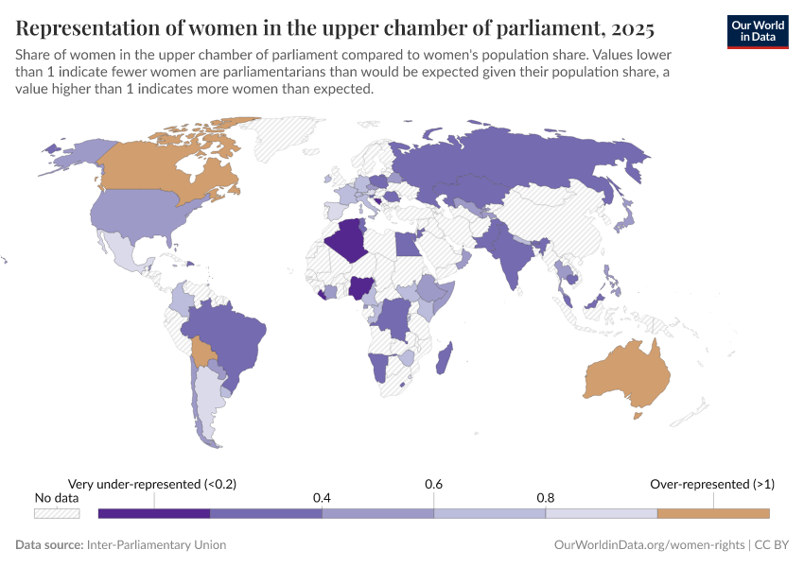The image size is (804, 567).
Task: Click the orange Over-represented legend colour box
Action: click(713, 512)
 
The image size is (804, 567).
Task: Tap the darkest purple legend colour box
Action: click(153, 512)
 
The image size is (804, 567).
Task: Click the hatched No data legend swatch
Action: click(56, 513)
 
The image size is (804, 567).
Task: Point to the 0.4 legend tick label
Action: click(322, 498)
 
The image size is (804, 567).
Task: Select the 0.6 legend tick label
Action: click(434, 484)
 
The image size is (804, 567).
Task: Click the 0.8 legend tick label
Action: click(546, 498)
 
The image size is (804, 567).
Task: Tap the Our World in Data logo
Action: click(758, 31)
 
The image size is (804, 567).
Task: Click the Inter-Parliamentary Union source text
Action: click(156, 545)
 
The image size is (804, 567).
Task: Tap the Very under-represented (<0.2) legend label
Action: click(152, 484)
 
